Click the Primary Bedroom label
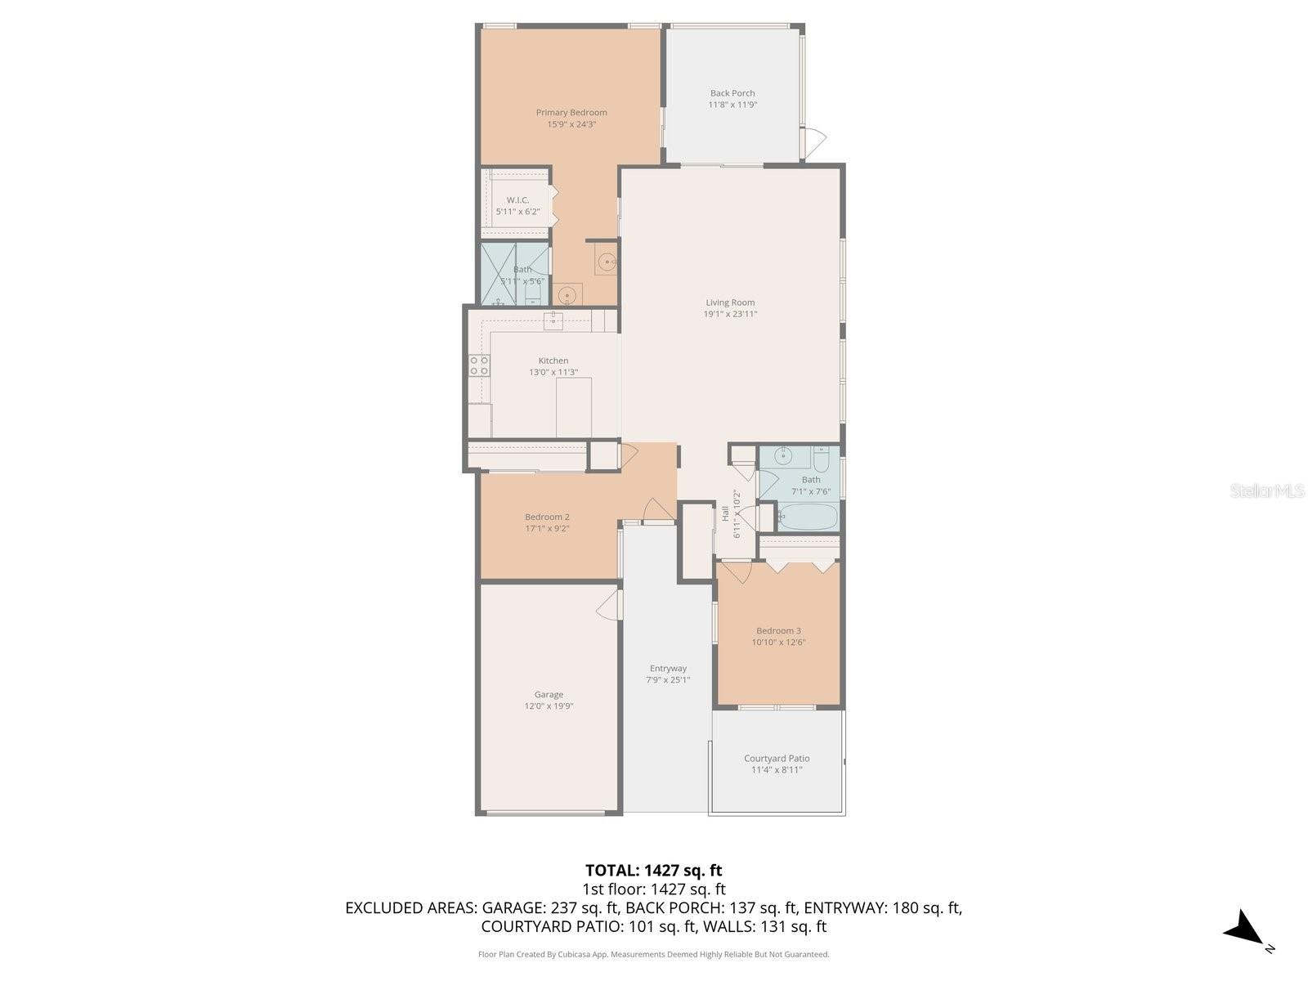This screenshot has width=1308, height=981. coord(571,113)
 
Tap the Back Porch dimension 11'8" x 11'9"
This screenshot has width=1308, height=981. coord(732,105)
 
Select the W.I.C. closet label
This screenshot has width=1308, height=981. coord(517,200)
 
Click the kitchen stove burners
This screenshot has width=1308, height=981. coord(479,365)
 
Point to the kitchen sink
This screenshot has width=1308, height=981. coord(553,320)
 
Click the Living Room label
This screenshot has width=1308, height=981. coord(730,302)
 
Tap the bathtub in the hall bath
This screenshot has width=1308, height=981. coord(808,517)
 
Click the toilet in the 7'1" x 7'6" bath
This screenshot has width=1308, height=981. coord(821,456)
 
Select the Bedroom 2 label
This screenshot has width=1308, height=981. coord(547,517)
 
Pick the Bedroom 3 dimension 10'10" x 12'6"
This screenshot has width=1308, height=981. coord(778,643)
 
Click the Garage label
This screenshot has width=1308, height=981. coord(549,695)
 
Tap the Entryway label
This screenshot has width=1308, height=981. coord(668,669)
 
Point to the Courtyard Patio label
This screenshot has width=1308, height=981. coord(777,759)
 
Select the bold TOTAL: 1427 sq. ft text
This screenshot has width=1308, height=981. coord(653,871)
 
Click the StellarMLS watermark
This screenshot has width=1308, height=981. coord(1266,490)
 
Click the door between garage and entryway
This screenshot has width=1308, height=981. coord(608,607)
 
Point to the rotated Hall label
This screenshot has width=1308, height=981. coord(725,513)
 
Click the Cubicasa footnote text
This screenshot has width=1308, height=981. coord(653,954)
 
